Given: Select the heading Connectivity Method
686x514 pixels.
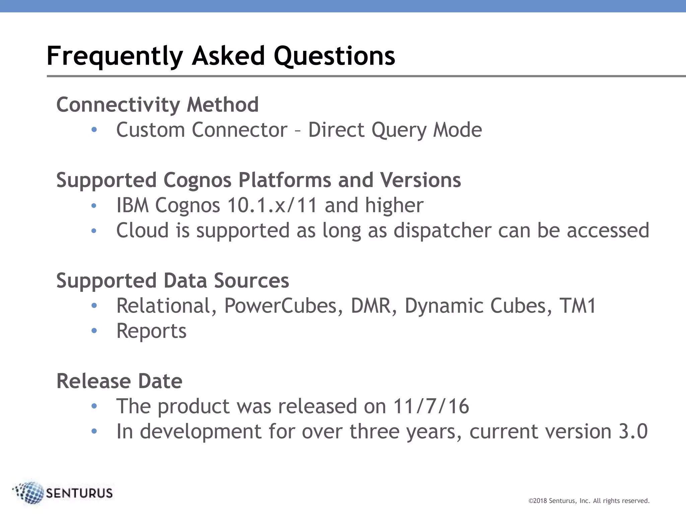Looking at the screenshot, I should (157, 105).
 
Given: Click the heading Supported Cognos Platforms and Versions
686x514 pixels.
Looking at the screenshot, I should (259, 180).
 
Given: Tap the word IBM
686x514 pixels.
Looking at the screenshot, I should (132, 205).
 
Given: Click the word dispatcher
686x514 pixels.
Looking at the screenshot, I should (442, 231).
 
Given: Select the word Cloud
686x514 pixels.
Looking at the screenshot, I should (142, 231).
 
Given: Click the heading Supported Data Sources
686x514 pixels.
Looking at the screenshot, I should (173, 280).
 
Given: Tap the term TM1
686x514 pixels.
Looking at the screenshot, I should (578, 306).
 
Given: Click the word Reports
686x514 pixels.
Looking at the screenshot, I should (151, 331).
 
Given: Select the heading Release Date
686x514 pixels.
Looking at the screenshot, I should (119, 381).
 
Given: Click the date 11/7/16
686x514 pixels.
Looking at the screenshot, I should (431, 406).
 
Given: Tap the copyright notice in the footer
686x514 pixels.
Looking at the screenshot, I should (589, 501).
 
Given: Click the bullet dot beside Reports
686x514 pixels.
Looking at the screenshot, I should (94, 331).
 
